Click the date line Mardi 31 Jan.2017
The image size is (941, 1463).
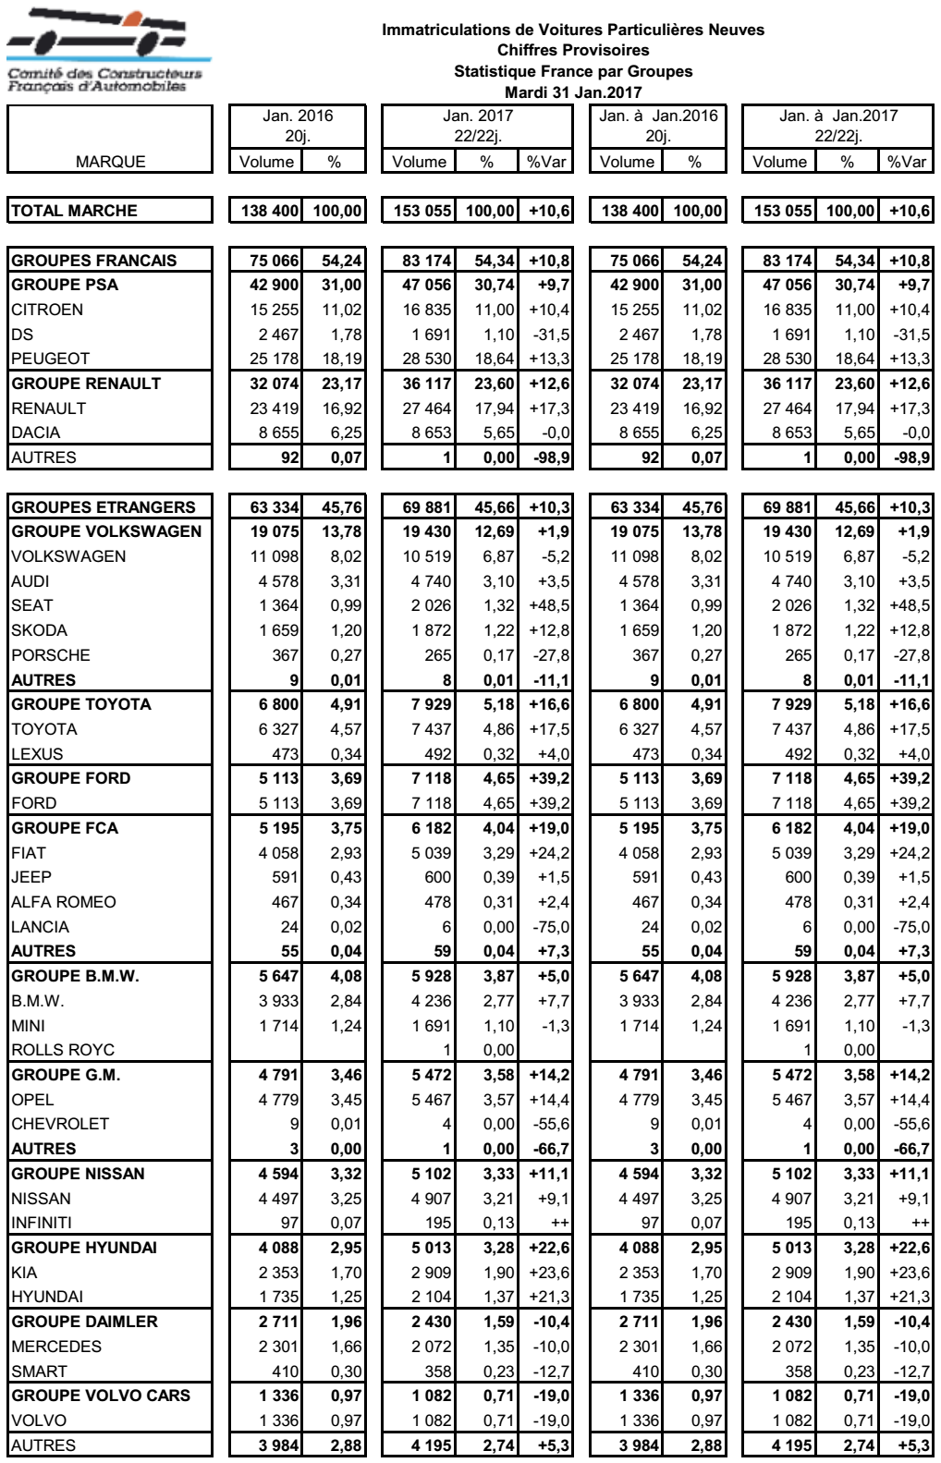(573, 91)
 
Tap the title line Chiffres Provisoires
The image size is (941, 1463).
(573, 50)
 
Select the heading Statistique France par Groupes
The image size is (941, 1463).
(573, 71)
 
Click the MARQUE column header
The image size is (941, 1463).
(110, 162)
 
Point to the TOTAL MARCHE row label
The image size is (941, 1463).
(74, 211)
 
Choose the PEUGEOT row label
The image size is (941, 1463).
(51, 359)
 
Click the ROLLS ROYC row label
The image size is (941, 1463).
(63, 1050)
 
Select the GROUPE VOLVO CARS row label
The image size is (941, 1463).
(101, 1396)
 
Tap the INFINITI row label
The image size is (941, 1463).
(42, 1223)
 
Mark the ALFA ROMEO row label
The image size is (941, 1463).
(64, 902)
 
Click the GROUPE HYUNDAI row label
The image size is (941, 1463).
(84, 1248)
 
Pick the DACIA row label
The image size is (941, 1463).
(36, 433)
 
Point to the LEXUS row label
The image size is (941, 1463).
(38, 754)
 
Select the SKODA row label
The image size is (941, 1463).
(39, 630)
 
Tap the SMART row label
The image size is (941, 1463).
(39, 1372)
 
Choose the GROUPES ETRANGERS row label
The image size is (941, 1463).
(104, 507)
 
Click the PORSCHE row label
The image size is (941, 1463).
(51, 655)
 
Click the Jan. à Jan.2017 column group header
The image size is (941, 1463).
(837, 116)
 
